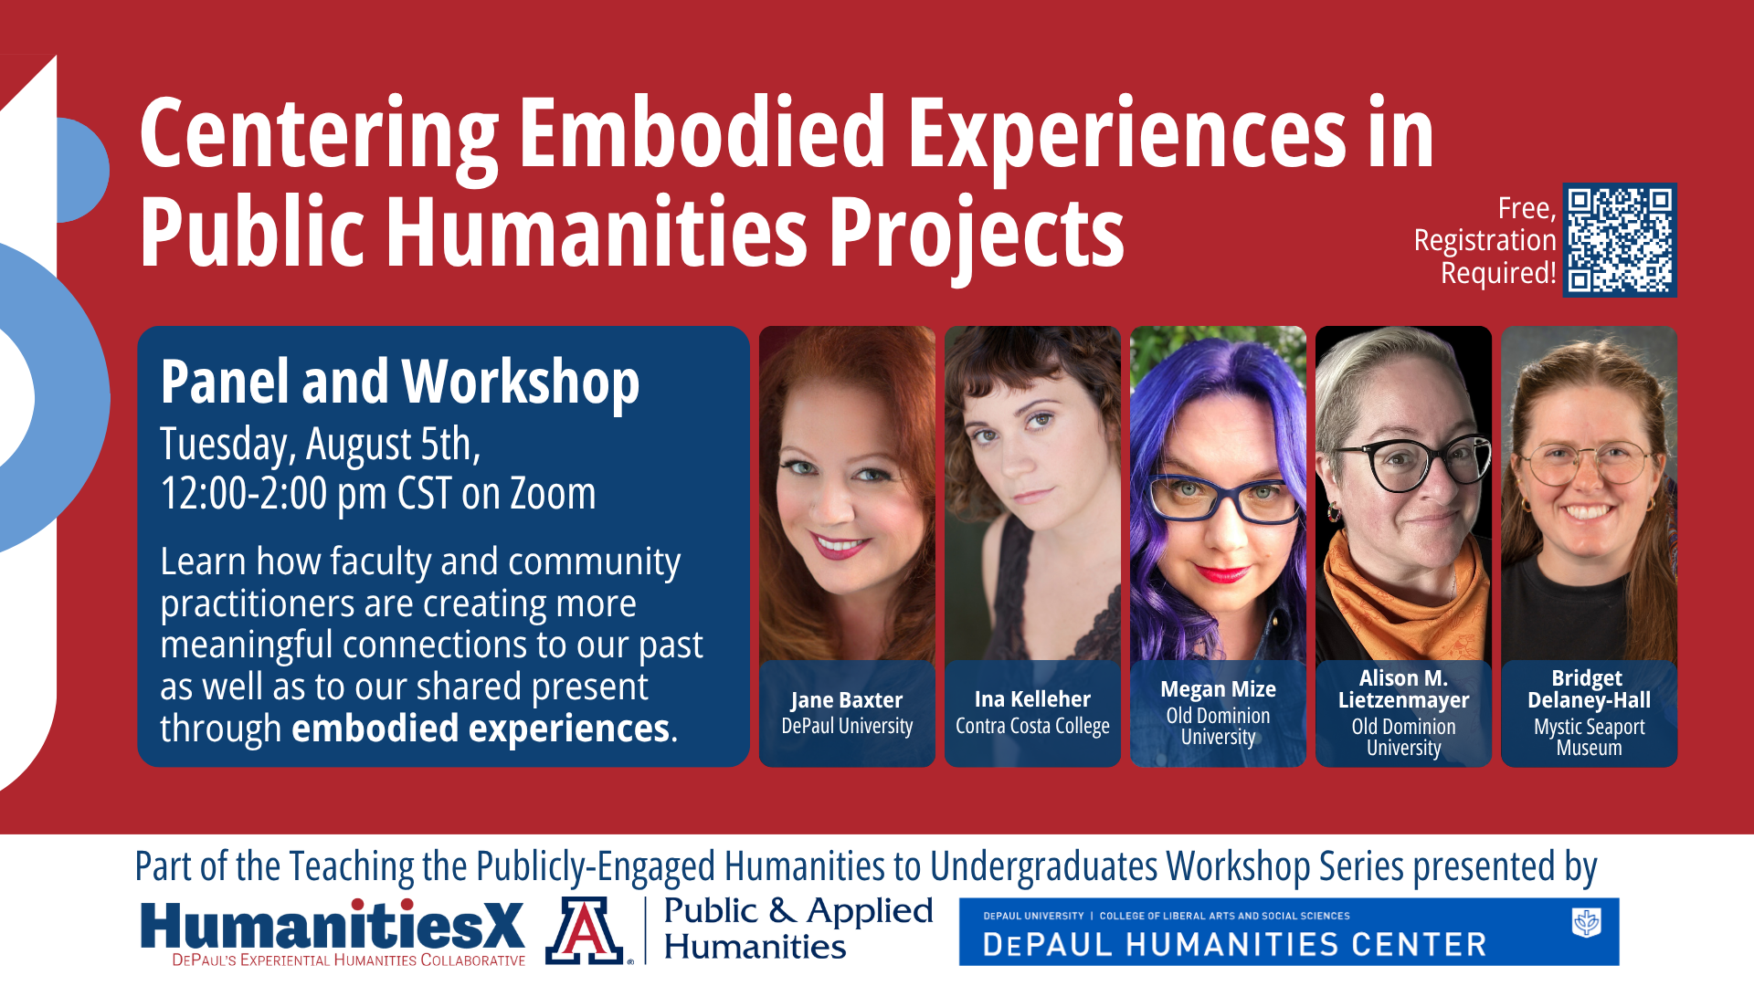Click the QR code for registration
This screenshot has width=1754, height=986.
click(x=1620, y=240)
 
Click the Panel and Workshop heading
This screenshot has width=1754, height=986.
click(x=399, y=382)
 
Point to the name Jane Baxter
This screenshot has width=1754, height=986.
click(x=846, y=700)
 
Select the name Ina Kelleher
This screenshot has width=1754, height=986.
click(x=1032, y=699)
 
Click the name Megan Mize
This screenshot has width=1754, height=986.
click(x=1218, y=689)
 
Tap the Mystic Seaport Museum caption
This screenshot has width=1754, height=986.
click(x=1589, y=738)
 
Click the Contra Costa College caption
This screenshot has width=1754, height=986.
click(x=1032, y=727)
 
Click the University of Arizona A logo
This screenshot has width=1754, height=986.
click(x=585, y=931)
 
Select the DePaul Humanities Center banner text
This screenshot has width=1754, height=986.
click(x=1234, y=945)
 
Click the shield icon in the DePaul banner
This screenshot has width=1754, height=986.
click(x=1586, y=922)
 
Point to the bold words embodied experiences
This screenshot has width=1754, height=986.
click(x=481, y=729)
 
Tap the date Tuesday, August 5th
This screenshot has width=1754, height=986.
click(x=320, y=445)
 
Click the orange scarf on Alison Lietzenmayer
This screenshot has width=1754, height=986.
click(x=1398, y=593)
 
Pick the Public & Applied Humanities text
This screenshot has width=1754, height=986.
click(x=798, y=928)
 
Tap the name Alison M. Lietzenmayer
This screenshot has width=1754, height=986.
click(x=1403, y=689)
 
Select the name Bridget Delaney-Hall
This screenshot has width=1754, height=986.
click(x=1589, y=689)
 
